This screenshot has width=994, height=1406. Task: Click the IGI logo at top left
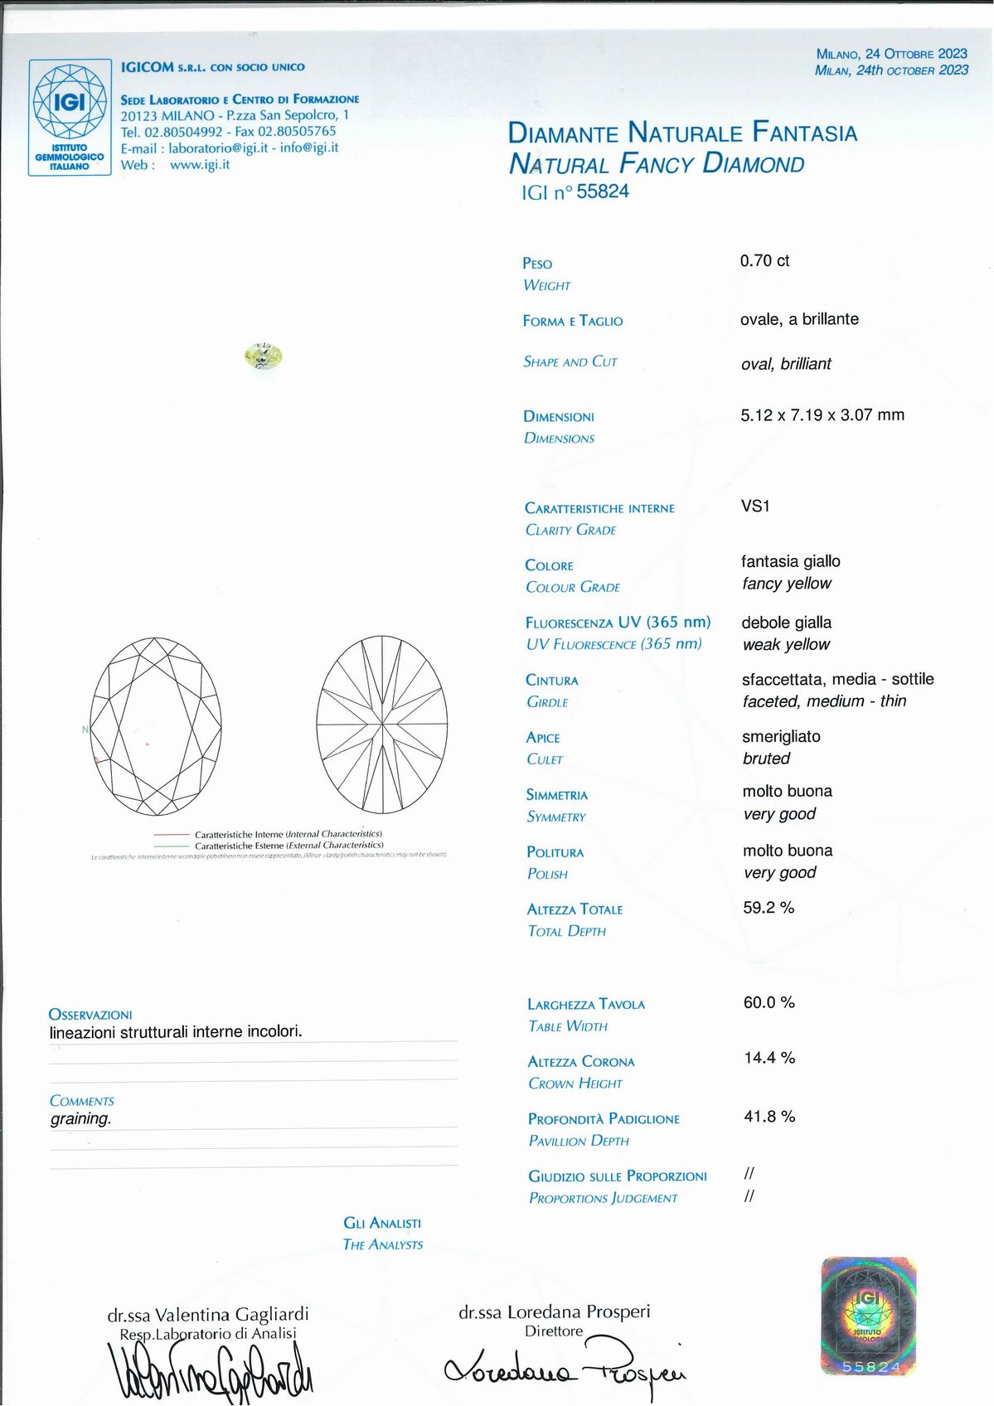click(x=70, y=117)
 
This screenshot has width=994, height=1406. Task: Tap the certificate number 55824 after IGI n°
click(x=603, y=192)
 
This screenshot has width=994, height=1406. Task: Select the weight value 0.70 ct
click(x=764, y=261)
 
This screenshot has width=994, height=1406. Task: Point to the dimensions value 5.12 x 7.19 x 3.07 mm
click(x=822, y=415)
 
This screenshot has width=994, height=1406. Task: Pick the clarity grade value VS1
click(x=755, y=506)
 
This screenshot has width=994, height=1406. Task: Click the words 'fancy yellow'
click(x=786, y=584)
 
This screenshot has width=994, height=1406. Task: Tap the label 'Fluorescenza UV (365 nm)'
click(x=618, y=623)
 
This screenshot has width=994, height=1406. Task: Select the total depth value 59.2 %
click(x=769, y=908)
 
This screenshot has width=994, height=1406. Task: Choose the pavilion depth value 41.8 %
click(x=769, y=1117)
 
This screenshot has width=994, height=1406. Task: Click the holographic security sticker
click(x=868, y=1316)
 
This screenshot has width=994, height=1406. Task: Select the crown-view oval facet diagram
click(x=156, y=727)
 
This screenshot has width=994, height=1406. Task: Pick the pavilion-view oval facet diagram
click(x=382, y=725)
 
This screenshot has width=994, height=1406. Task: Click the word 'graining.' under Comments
click(x=80, y=1119)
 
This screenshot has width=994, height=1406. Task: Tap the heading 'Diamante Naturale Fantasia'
click(x=681, y=133)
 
